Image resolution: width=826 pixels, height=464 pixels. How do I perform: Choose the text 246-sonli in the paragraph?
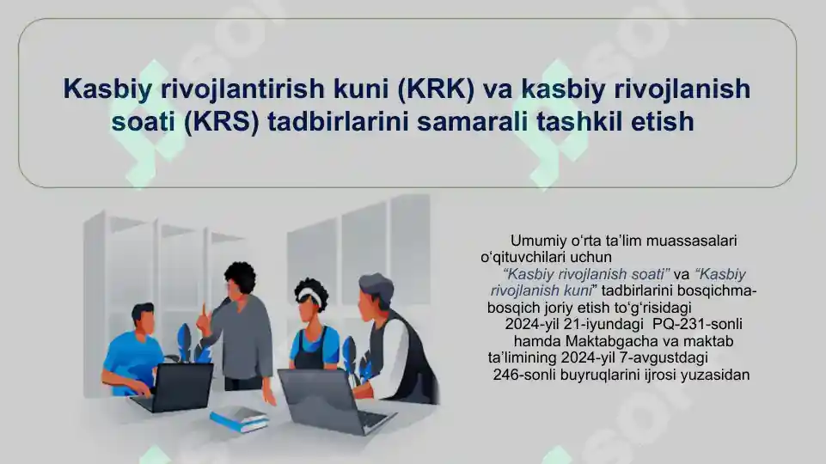pyautogui.click(x=524, y=375)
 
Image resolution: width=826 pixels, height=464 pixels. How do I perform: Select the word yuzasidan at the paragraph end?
pyautogui.click(x=714, y=375)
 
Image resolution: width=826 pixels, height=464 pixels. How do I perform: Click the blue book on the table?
pyautogui.click(x=240, y=418)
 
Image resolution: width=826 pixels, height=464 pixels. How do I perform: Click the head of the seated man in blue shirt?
pyautogui.click(x=143, y=320)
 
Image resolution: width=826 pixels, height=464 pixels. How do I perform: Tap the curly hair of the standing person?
pyautogui.click(x=240, y=274)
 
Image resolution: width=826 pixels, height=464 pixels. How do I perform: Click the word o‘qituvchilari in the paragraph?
pyautogui.click(x=523, y=258)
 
